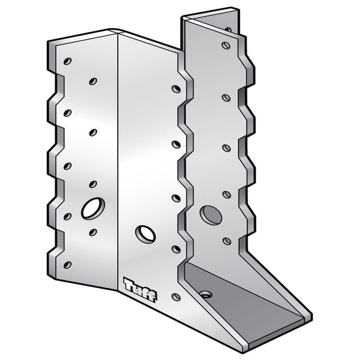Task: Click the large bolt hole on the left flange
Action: [x=93, y=208]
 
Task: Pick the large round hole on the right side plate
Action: [x=211, y=214]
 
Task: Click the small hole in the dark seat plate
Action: [x=206, y=294]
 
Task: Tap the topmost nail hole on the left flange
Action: [x=67, y=61]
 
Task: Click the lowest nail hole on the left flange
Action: [x=67, y=265]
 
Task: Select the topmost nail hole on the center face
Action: [x=176, y=89]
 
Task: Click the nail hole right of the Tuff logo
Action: [x=176, y=297]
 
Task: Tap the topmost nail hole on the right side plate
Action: [x=225, y=46]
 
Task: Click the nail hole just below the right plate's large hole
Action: [x=226, y=240]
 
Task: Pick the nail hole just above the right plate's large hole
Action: [x=225, y=194]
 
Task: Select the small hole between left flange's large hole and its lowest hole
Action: [x=93, y=232]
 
